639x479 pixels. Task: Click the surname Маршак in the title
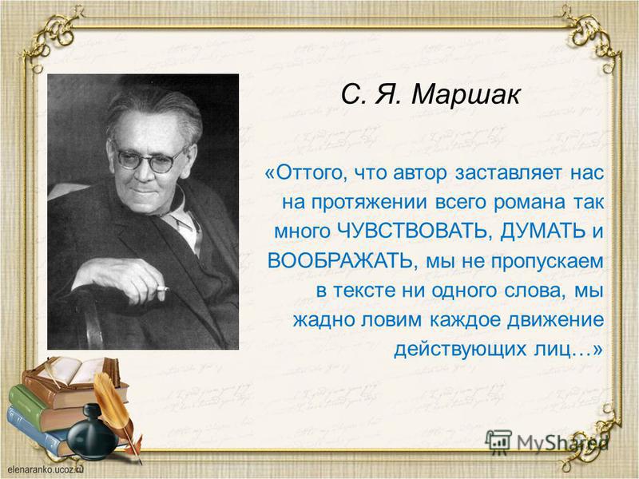coord(466,95)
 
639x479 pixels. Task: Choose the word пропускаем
coord(547,262)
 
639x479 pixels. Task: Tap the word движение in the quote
coord(555,320)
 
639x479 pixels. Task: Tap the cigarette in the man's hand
coord(163,289)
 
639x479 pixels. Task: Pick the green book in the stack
coord(41,407)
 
